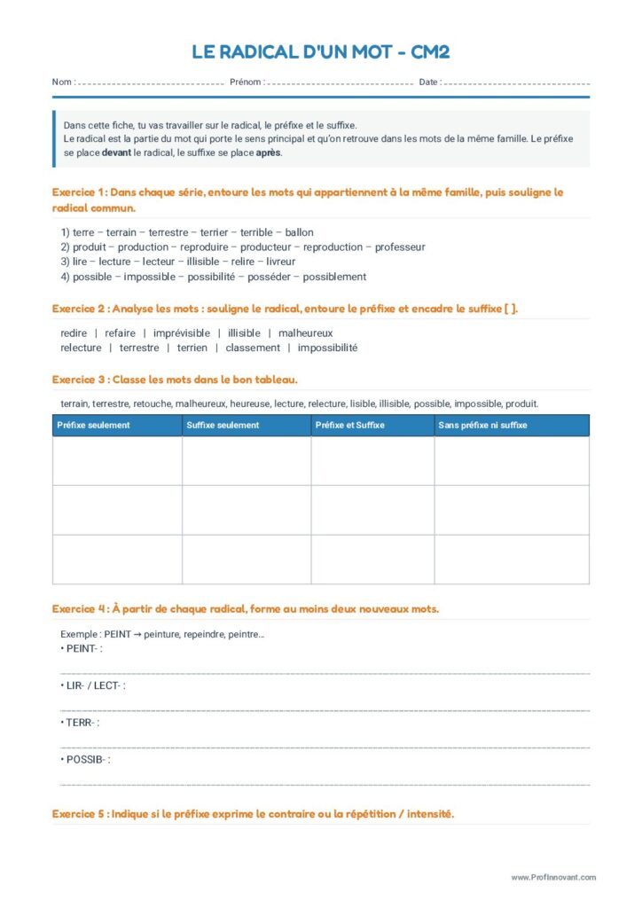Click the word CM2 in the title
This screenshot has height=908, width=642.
click(x=430, y=52)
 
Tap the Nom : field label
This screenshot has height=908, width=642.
click(x=63, y=82)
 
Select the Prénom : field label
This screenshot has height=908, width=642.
click(x=247, y=82)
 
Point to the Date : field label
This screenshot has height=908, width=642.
click(x=429, y=82)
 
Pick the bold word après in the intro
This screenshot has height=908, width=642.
click(x=268, y=153)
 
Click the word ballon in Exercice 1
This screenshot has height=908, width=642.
click(x=299, y=232)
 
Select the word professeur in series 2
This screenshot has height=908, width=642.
click(x=400, y=247)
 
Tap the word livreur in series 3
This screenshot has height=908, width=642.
click(x=281, y=262)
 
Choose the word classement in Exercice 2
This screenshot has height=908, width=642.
click(x=253, y=348)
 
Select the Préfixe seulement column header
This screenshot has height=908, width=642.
click(x=93, y=426)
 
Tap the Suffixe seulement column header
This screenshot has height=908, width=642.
click(x=223, y=426)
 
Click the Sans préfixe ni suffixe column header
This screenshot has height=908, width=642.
click(x=482, y=426)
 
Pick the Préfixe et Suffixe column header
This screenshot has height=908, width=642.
click(x=350, y=426)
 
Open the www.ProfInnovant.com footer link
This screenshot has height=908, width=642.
click(x=553, y=878)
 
